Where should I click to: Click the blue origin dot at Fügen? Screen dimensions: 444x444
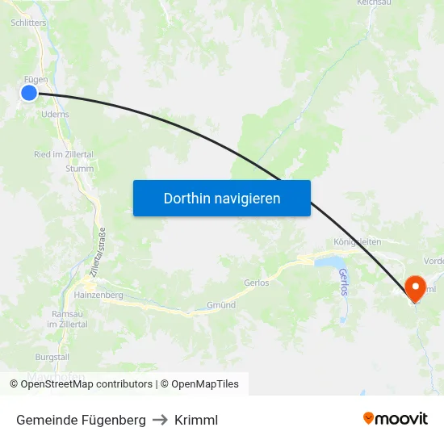click(x=29, y=93)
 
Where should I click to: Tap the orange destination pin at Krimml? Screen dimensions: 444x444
click(x=417, y=288)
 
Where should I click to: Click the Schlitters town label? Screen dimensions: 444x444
click(x=28, y=23)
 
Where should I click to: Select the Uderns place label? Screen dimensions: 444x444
click(x=54, y=115)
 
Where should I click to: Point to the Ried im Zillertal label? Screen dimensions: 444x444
click(x=63, y=154)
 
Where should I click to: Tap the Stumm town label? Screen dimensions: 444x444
click(x=80, y=169)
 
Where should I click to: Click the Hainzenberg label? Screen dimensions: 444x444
click(x=98, y=295)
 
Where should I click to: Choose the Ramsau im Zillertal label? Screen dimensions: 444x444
click(x=67, y=318)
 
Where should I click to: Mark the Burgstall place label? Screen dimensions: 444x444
click(x=52, y=356)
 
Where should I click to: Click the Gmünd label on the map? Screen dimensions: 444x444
click(x=220, y=305)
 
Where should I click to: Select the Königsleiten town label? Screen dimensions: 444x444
click(x=357, y=242)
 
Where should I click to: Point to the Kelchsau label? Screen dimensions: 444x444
click(x=374, y=3)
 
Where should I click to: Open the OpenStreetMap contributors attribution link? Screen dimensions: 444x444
click(x=81, y=384)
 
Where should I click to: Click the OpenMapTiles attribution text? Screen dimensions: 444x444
click(x=199, y=384)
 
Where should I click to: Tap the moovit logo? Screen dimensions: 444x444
click(x=395, y=419)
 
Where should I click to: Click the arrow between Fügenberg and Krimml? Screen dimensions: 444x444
click(x=160, y=420)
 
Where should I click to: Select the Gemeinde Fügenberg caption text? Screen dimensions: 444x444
click(x=81, y=420)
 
